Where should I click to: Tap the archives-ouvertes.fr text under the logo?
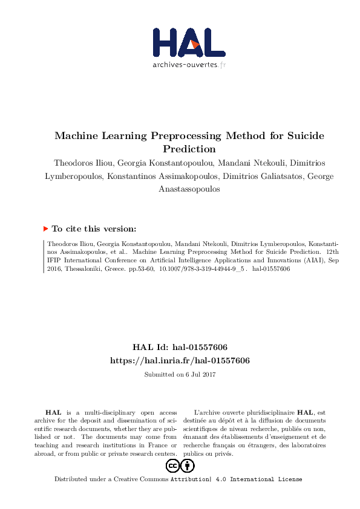[189, 64]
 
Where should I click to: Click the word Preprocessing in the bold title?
[182, 136]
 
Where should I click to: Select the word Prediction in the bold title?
[189, 149]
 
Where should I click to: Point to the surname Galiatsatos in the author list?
[281, 176]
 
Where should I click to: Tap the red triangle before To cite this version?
[45, 229]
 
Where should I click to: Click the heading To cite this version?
[94, 229]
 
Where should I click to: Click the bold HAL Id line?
[180, 348]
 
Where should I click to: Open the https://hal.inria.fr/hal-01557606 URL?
[180, 360]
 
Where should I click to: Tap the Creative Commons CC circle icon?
[173, 466]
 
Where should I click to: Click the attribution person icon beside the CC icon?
[188, 466]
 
